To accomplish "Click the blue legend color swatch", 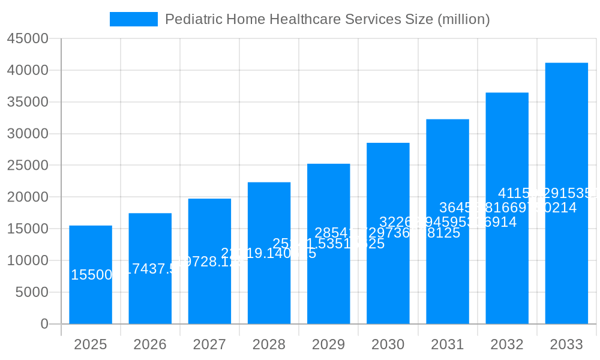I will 134,19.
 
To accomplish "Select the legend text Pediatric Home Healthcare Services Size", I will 327,19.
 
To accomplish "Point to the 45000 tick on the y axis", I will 28,39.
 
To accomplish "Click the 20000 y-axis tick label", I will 28,197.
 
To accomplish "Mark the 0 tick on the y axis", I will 44,324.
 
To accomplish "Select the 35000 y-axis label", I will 28,102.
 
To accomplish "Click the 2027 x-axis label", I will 209,345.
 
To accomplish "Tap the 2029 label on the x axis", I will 328,345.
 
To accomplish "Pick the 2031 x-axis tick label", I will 448,345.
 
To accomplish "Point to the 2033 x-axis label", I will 566,345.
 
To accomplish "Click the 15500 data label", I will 91,275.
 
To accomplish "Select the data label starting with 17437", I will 154,269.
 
